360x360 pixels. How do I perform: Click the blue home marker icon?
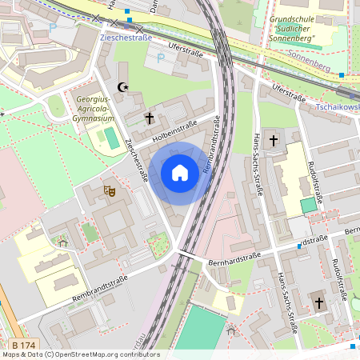pyautogui.click(x=180, y=173)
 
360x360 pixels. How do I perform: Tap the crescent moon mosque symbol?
pyautogui.click(x=122, y=86)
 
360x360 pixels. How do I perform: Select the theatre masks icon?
pyautogui.click(x=110, y=190)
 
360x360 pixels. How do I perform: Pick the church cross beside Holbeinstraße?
pyautogui.click(x=149, y=118)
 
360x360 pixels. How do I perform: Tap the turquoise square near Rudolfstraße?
pyautogui.click(x=308, y=205)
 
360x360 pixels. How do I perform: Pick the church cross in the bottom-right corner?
pyautogui.click(x=319, y=303)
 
